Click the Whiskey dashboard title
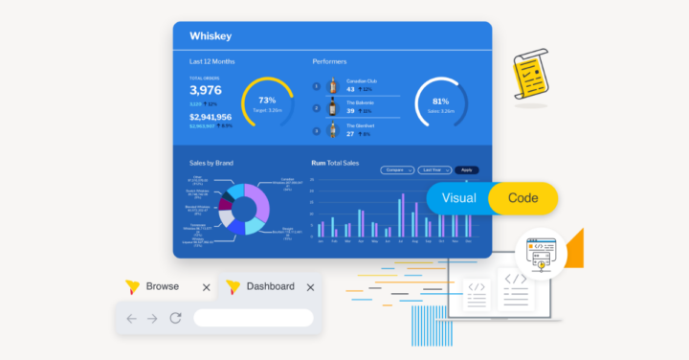pyautogui.click(x=211, y=36)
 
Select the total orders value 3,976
pyautogui.click(x=206, y=91)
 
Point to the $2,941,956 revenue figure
pyautogui.click(x=211, y=117)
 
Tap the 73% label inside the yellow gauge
pyautogui.click(x=267, y=101)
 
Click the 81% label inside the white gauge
pyautogui.click(x=440, y=101)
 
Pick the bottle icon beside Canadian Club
pyautogui.click(x=333, y=87)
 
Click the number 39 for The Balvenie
pyautogui.click(x=349, y=111)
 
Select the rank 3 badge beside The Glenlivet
pyautogui.click(x=316, y=131)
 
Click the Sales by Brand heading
pyautogui.click(x=211, y=164)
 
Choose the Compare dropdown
pyautogui.click(x=396, y=169)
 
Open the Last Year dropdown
pyautogui.click(x=434, y=169)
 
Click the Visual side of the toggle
pyautogui.click(x=458, y=198)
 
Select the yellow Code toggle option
pyautogui.click(x=522, y=198)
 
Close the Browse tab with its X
pyautogui.click(x=206, y=287)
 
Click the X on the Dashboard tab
pyautogui.click(x=309, y=287)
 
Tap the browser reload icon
pyautogui.click(x=175, y=318)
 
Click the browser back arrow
pyautogui.click(x=131, y=318)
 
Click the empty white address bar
pyautogui.click(x=253, y=318)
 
